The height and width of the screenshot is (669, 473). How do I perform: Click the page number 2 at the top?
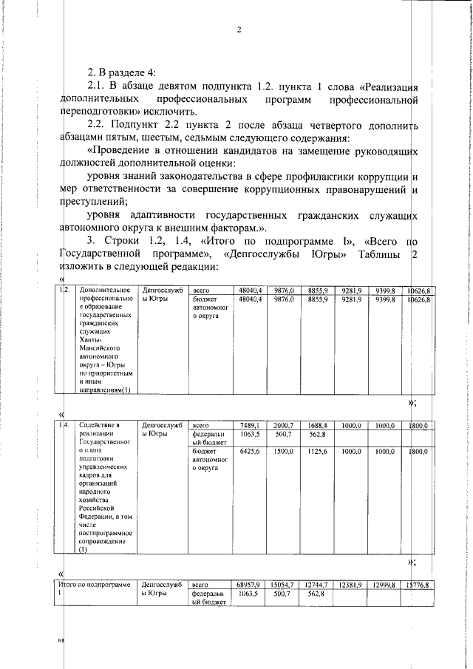239,30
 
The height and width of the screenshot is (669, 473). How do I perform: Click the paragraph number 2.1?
97,87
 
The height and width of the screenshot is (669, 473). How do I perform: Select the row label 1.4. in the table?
65,425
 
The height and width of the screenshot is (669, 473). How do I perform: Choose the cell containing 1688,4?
318,425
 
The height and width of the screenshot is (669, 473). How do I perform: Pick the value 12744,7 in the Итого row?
316,585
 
